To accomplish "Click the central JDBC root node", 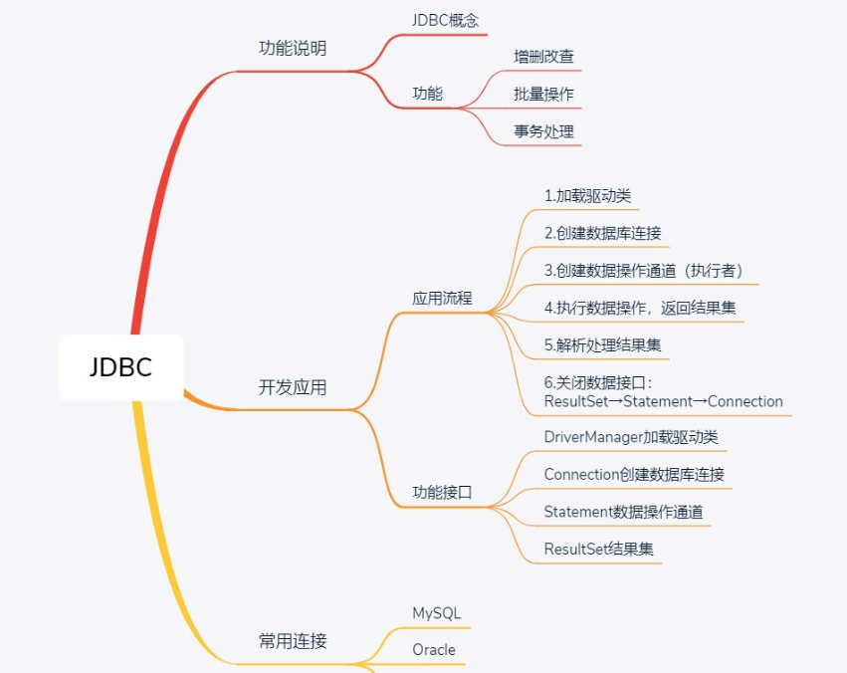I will click(120, 367).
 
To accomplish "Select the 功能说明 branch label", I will click(292, 48).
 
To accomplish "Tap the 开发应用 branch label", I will click(292, 387).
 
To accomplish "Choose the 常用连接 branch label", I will click(292, 641).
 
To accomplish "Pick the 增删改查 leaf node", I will click(543, 57).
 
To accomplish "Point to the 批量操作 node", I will click(543, 94).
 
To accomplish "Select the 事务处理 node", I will click(543, 130).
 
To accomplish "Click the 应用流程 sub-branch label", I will click(442, 298).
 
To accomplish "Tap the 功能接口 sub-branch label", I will click(442, 492).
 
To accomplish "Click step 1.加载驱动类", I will click(587, 195).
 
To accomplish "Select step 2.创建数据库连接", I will click(603, 233).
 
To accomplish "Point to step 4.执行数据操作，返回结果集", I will click(640, 308).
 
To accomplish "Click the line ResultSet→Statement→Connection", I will click(663, 401).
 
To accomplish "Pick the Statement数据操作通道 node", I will click(623, 512).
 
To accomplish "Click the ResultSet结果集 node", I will click(598, 549).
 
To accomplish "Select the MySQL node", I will click(437, 613).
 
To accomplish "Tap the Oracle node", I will click(434, 650).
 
